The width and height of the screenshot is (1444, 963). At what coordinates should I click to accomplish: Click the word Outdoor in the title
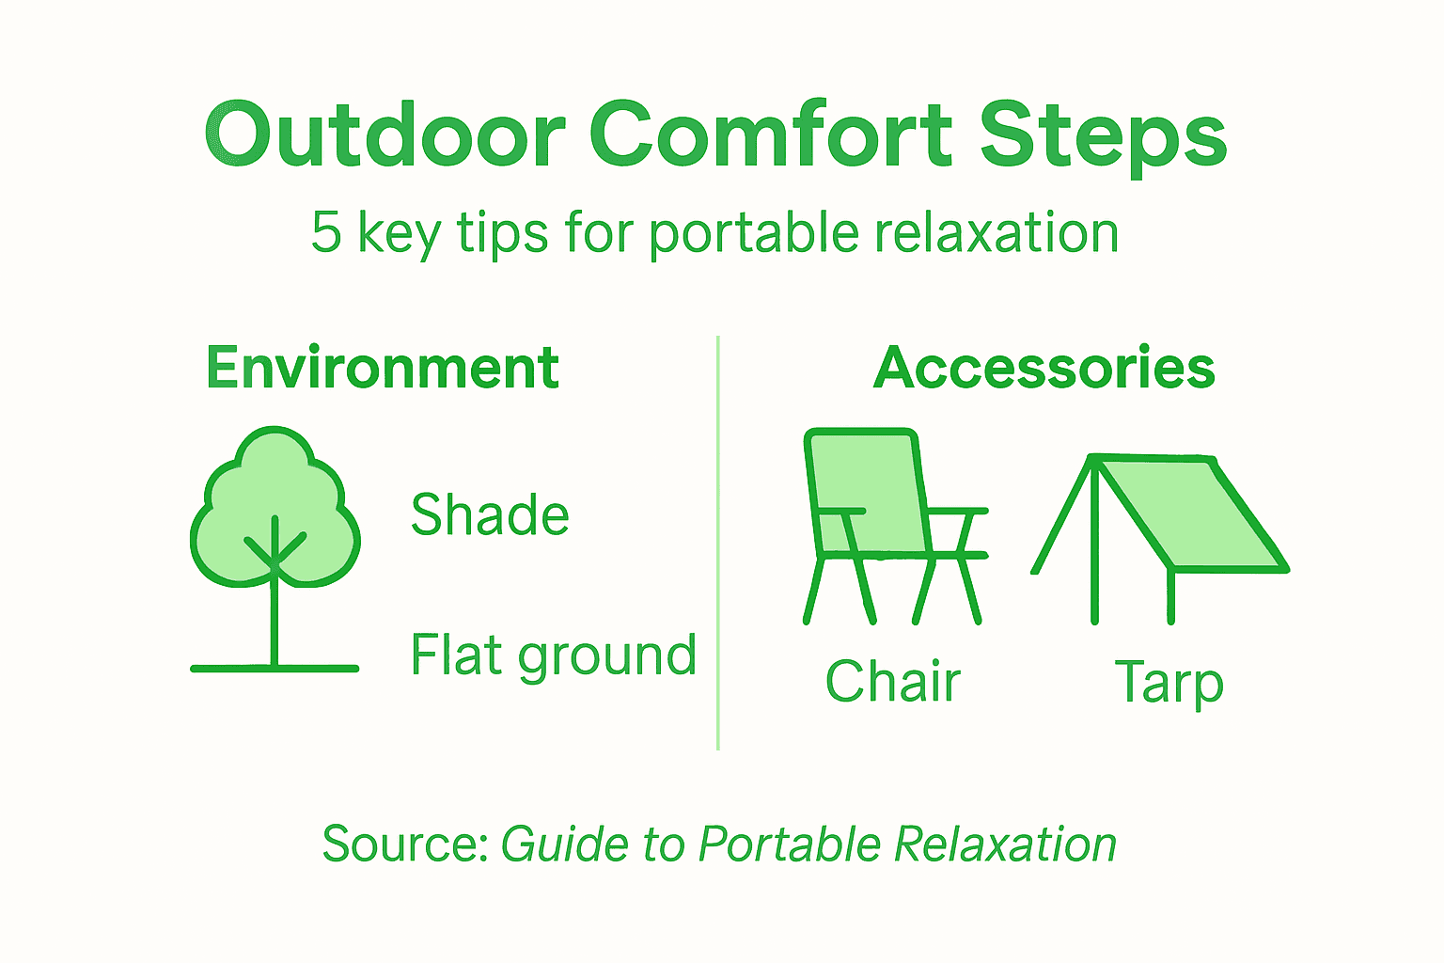click(385, 135)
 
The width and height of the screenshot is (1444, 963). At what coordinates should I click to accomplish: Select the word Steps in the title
click(1104, 137)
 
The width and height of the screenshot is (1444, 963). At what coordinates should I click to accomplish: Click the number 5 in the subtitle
click(325, 232)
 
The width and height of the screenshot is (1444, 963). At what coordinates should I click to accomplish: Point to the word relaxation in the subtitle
click(996, 232)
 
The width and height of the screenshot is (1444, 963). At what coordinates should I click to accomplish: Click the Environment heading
click(383, 368)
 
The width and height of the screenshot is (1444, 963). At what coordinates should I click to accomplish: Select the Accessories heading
click(1044, 368)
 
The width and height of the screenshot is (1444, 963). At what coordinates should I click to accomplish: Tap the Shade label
click(490, 515)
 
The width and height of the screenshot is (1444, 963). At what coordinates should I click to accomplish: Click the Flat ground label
click(553, 655)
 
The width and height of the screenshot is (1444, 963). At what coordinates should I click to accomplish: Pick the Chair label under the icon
click(893, 682)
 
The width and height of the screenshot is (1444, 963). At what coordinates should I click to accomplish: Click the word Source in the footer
click(403, 844)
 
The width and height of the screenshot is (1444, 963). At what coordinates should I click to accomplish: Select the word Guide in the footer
click(565, 844)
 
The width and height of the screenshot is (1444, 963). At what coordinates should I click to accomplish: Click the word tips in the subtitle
click(502, 233)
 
